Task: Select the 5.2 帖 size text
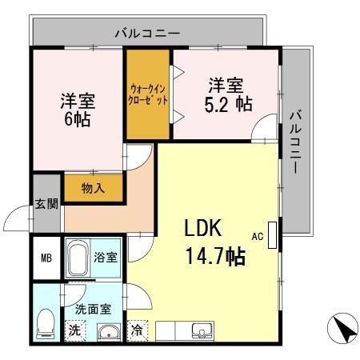(x=229, y=103)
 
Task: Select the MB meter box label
(x=47, y=258)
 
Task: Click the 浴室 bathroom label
(x=106, y=258)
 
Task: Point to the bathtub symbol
(x=78, y=258)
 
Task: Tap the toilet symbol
(x=46, y=322)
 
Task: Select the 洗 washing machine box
(x=74, y=329)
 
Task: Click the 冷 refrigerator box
(x=138, y=329)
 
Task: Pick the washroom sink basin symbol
(x=106, y=331)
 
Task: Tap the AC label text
(x=258, y=236)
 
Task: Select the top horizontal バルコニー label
(x=147, y=34)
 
